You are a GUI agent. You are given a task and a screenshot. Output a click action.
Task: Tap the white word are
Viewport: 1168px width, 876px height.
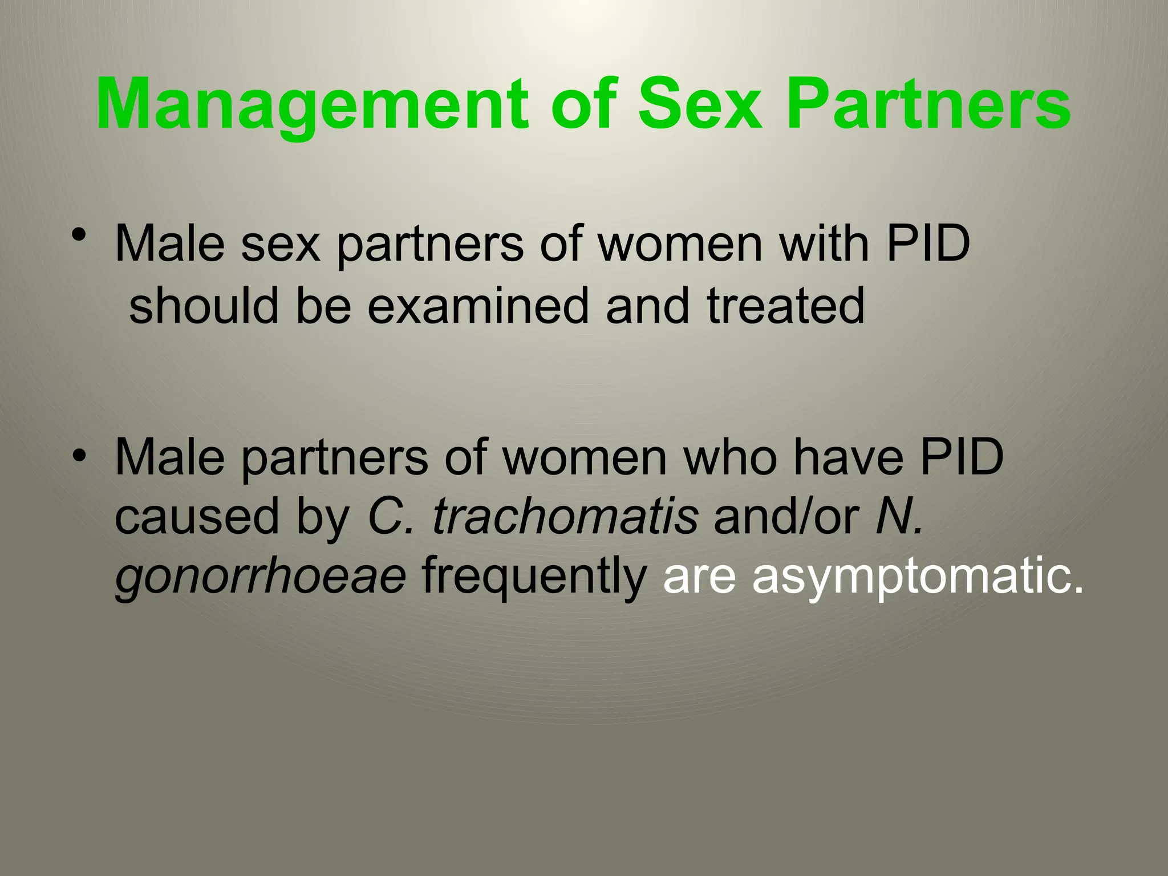(699, 577)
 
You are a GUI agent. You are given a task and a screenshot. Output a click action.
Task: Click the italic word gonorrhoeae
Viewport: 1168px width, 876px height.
(261, 577)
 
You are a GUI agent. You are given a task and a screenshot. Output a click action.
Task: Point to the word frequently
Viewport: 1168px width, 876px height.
(534, 577)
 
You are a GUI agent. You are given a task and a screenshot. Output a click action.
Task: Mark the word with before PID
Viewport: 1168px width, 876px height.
(824, 244)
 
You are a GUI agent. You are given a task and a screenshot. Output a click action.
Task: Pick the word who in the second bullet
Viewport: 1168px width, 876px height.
(730, 457)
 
